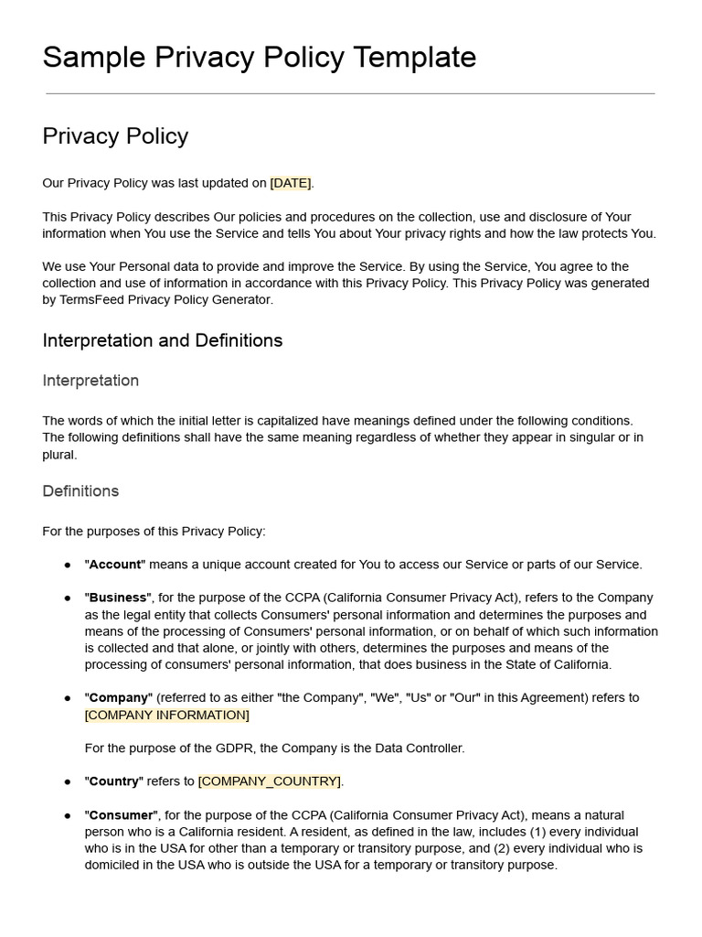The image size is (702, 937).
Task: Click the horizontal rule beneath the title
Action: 350,93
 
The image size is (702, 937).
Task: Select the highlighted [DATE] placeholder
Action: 291,183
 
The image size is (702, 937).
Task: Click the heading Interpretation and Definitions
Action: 163,340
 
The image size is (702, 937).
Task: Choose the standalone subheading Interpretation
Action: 90,381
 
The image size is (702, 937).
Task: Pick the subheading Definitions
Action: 80,491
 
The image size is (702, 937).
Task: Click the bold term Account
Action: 115,565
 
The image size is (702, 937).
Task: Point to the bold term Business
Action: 118,598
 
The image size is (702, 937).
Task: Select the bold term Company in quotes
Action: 119,697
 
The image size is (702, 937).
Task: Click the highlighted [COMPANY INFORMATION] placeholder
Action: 166,715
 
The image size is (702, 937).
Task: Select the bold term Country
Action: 114,781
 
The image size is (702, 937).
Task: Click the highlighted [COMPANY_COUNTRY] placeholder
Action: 270,781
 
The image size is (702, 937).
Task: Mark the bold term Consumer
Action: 122,815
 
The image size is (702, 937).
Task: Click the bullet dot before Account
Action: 68,565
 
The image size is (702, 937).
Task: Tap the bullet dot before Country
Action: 68,781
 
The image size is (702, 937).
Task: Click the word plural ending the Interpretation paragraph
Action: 59,454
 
